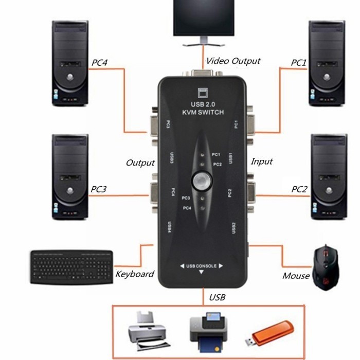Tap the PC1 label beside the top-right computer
tap(299, 62)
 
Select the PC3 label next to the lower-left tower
tap(99, 189)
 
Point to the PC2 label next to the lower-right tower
tap(299, 189)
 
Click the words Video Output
tap(233, 61)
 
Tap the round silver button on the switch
tap(201, 181)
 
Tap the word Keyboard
tap(135, 274)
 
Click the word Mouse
tap(296, 276)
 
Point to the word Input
tap(261, 161)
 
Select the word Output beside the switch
tap(140, 163)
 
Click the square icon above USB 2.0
tap(201, 93)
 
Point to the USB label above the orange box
tap(217, 297)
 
